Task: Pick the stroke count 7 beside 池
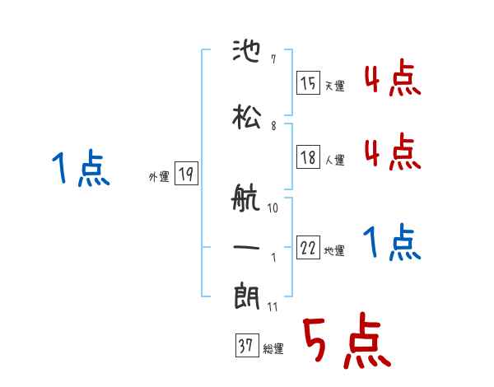pos(273,61)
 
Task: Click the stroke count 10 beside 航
pos(273,208)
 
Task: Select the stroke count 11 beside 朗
pos(273,307)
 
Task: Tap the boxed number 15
pos(309,83)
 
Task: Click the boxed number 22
pos(309,249)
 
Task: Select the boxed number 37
pos(246,347)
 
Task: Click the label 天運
pos(334,86)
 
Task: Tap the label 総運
pos(273,349)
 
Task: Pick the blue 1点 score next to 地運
pos(392,243)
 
